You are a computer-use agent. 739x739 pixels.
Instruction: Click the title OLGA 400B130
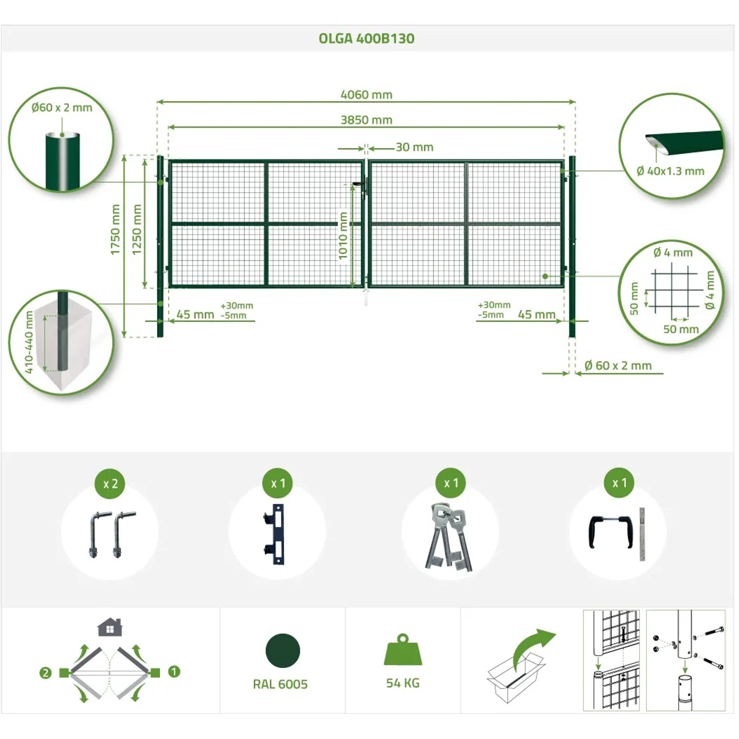coord(367,38)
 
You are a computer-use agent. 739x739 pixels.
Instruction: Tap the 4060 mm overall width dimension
coord(367,95)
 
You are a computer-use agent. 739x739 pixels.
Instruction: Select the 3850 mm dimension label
coord(367,120)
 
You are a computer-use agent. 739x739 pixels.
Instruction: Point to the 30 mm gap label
coord(414,147)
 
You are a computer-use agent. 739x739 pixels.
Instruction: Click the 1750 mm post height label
coord(115,230)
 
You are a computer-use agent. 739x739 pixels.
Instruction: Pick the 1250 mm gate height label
coord(137,230)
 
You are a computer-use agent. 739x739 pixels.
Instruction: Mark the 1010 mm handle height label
coord(343,235)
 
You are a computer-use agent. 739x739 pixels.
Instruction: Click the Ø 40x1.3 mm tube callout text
coord(671,171)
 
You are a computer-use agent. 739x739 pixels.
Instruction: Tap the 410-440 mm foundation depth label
coord(29,342)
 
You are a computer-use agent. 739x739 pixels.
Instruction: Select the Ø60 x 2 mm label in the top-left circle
coord(62,107)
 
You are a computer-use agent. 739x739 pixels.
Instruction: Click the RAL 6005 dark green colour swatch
coord(283,651)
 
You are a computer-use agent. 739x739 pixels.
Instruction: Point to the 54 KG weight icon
coord(403,649)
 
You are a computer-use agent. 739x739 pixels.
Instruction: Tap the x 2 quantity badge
coord(110,484)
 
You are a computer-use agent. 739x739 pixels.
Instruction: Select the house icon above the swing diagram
coord(110,627)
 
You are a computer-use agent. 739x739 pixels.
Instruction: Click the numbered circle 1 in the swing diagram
coord(174,672)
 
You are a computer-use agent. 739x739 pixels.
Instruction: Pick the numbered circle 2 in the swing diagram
coord(45,672)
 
